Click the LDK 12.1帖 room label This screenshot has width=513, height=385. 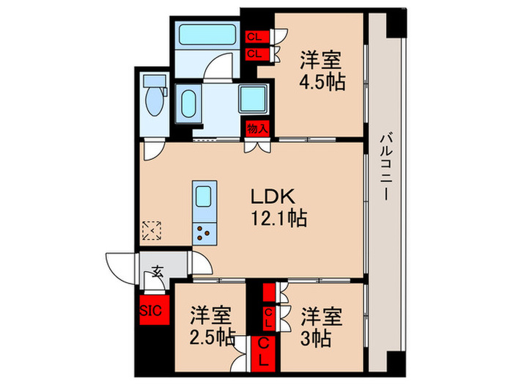click(275, 206)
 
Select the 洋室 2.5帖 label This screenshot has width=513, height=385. click(211, 327)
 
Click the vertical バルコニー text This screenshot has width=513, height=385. click(384, 168)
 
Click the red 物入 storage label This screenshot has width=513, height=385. click(257, 129)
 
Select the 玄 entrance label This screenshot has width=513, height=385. click(158, 271)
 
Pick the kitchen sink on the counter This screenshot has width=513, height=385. click(204, 197)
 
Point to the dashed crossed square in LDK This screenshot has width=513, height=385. click(152, 232)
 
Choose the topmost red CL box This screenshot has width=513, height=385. click(256, 35)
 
